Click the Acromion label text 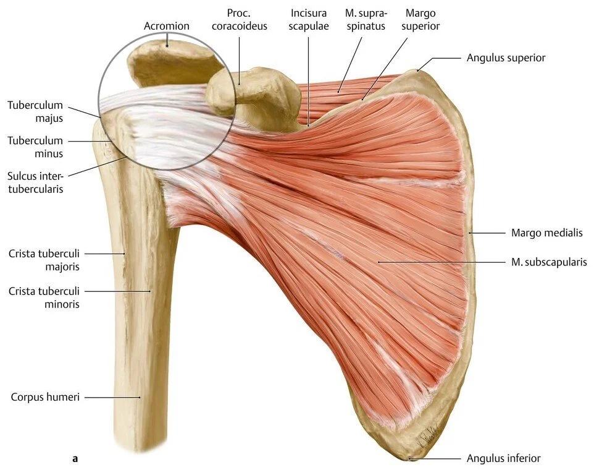click(167, 26)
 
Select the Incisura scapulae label click(309, 19)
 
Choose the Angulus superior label click(506, 58)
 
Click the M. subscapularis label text click(549, 262)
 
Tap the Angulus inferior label click(503, 458)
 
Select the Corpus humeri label click(45, 397)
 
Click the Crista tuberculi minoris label click(44, 297)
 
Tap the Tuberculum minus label click(35, 147)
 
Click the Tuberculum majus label click(35, 111)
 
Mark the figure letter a click(75, 458)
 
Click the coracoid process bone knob click(222, 92)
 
